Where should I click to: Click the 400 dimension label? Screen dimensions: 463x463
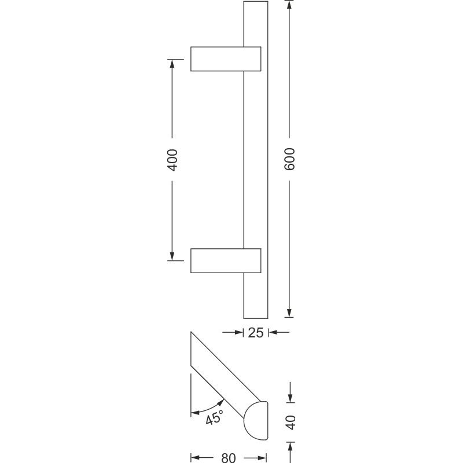tap(172, 160)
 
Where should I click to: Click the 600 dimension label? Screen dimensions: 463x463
tap(289, 159)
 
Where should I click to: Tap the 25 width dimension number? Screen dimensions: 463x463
tap(256, 333)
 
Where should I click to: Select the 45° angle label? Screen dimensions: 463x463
tap(215, 417)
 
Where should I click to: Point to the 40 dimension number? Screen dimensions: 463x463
tap(291, 422)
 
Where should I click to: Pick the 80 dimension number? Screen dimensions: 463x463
tap(229, 458)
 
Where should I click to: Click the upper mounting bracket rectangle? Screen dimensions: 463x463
tap(226, 59)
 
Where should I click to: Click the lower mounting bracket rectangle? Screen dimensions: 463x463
tap(226, 261)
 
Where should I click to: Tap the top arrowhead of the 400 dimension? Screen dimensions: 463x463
tap(172, 64)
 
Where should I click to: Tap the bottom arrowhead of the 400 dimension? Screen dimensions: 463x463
tap(172, 256)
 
